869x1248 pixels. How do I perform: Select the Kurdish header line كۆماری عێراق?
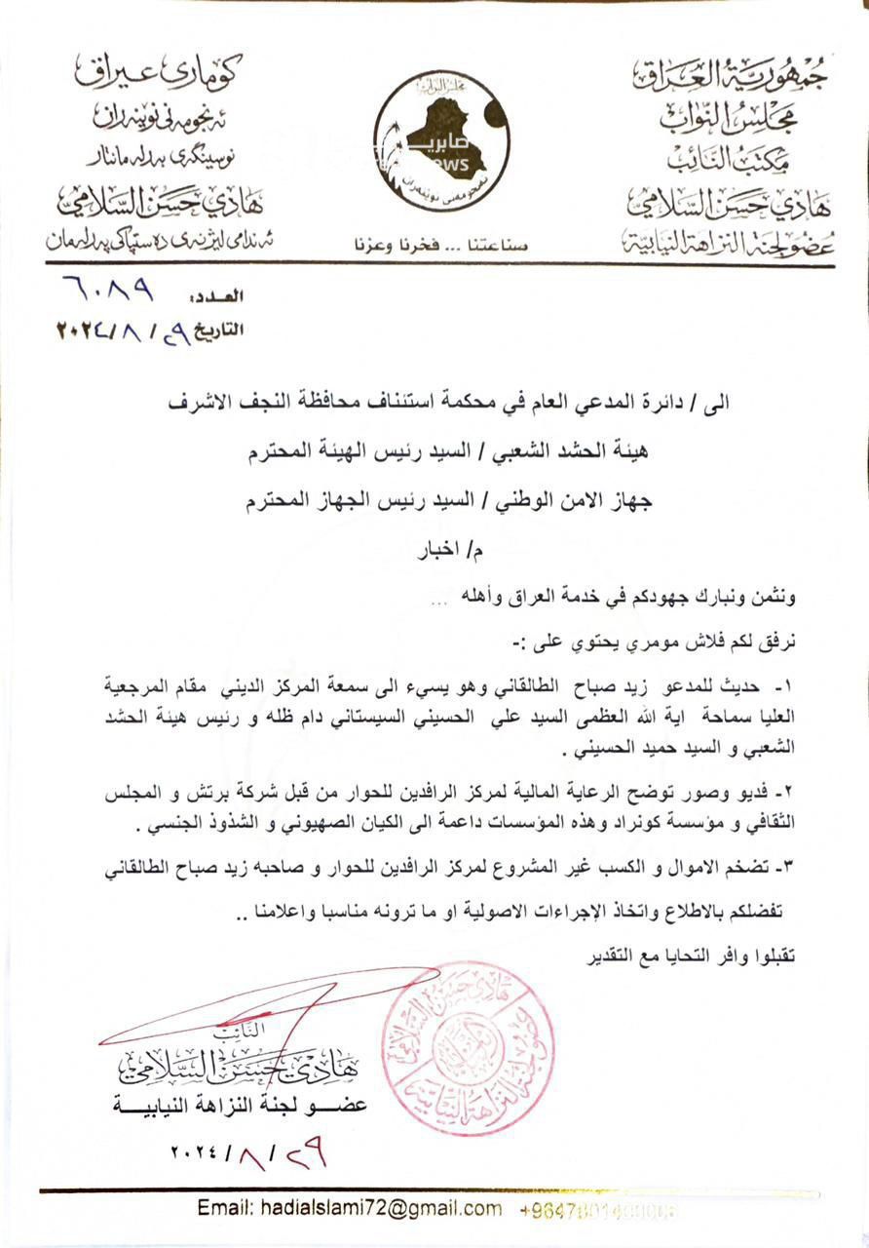[157, 70]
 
